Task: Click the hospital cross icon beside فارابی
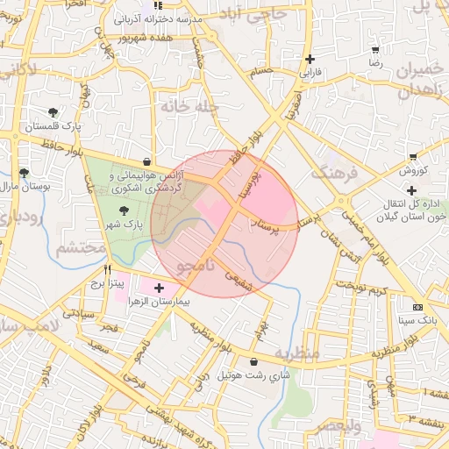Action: click(309, 60)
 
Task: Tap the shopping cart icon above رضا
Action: click(375, 50)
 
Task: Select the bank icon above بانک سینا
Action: click(417, 307)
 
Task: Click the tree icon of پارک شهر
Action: click(123, 210)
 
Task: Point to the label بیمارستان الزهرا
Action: click(168, 299)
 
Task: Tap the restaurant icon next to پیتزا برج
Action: click(107, 270)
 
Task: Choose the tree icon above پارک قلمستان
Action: click(53, 112)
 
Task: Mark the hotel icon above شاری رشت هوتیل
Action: click(254, 361)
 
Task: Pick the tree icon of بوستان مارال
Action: click(23, 172)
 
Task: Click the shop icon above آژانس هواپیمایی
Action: click(145, 161)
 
